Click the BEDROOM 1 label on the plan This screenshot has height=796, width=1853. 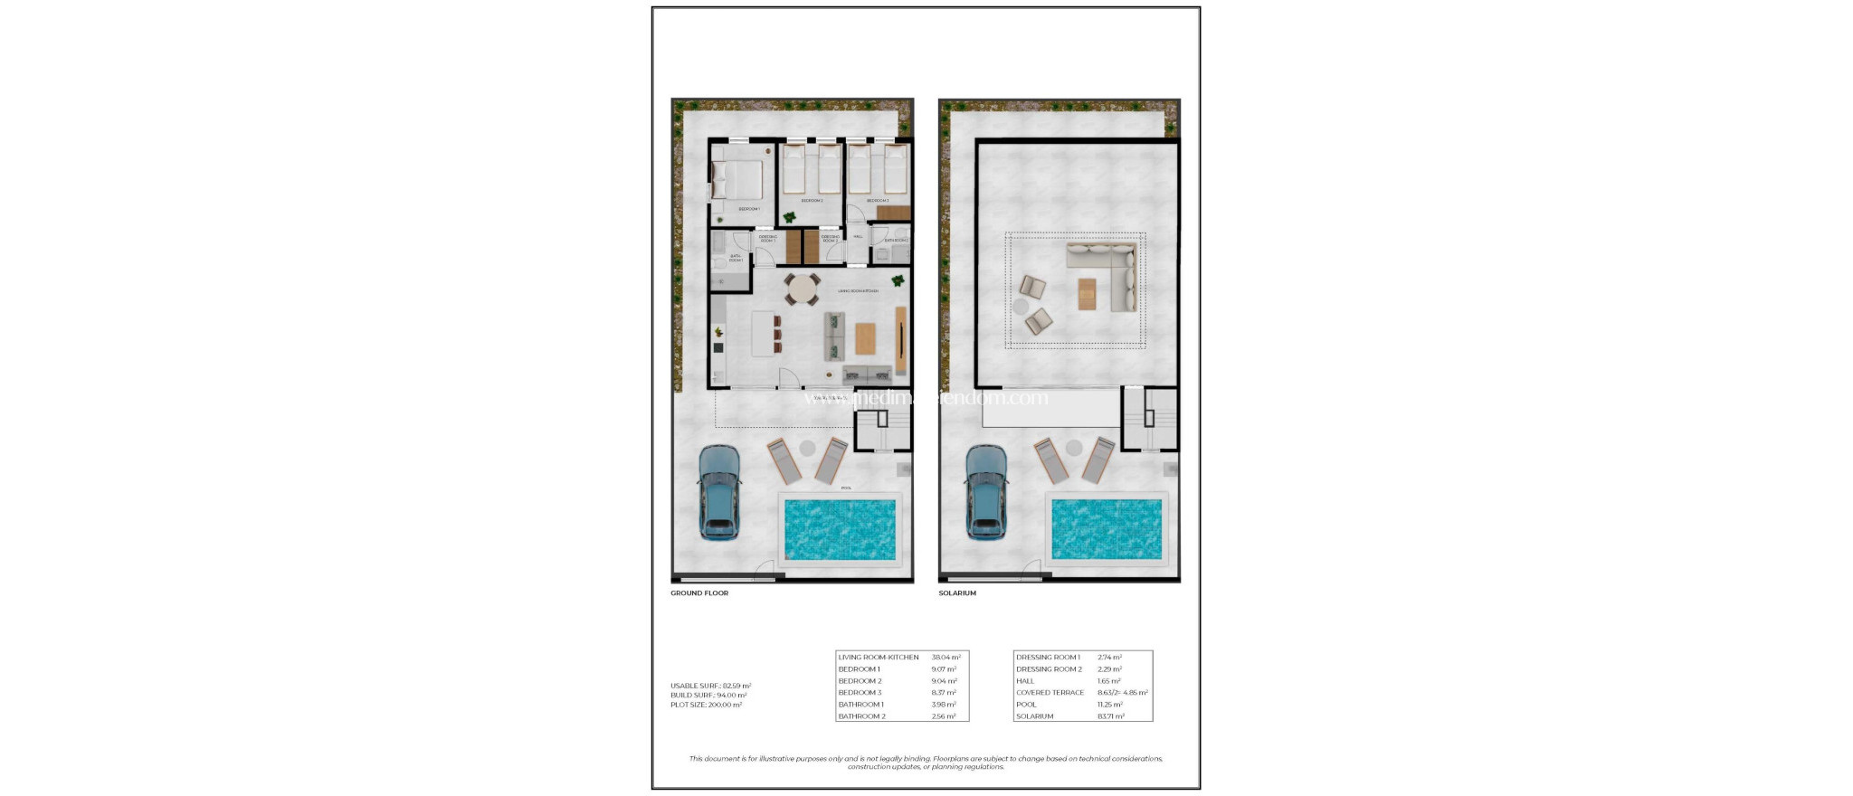749,209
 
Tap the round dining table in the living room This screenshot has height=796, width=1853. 802,289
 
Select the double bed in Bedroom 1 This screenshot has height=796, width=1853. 737,180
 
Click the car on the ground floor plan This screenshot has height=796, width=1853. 719,493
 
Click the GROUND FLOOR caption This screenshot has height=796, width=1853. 698,593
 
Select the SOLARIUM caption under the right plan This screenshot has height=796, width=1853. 957,593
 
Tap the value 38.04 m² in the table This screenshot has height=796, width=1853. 946,658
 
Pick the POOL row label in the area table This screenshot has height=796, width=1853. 1026,705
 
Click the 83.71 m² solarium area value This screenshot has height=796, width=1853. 1111,716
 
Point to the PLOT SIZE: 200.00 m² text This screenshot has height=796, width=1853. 706,705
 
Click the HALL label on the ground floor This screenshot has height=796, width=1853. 858,237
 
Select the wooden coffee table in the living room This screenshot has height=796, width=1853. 866,338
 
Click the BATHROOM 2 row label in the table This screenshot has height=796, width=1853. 861,716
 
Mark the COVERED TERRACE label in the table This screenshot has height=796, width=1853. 1050,693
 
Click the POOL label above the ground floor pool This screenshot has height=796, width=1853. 846,488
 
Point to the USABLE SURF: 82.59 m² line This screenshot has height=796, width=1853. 710,686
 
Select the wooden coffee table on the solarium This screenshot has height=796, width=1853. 1087,294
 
